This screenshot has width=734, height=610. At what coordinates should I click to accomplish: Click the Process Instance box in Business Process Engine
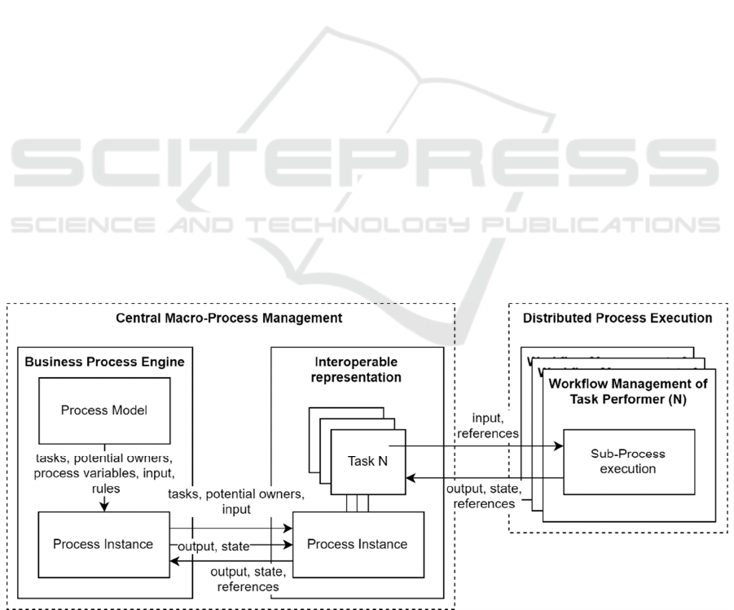[x=102, y=543]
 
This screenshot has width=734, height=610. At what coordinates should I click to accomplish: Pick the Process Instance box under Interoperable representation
[x=358, y=543]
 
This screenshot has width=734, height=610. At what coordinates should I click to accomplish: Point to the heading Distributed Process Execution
[x=618, y=317]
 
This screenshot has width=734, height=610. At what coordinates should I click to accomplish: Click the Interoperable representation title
[x=358, y=369]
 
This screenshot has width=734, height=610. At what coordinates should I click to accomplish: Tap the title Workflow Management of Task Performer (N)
[x=628, y=391]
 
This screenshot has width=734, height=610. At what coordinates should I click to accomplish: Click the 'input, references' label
[x=486, y=426]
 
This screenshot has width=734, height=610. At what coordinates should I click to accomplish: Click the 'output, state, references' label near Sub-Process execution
[x=484, y=496]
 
